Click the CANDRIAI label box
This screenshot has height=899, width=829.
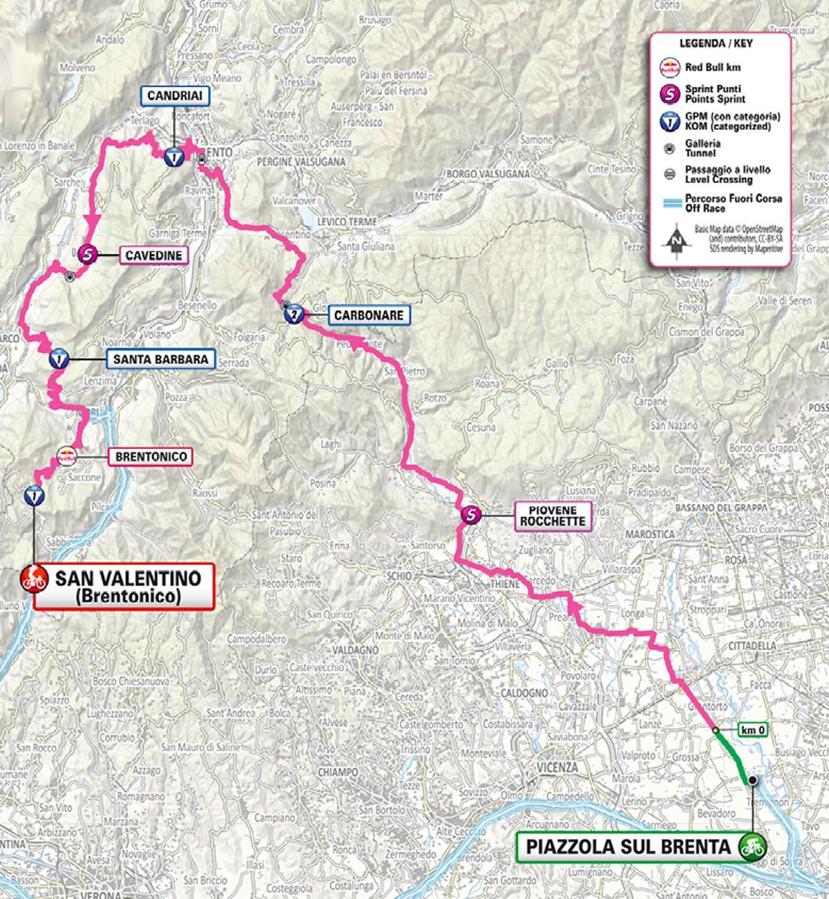[x=174, y=96]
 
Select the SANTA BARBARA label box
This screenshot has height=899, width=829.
[x=161, y=360]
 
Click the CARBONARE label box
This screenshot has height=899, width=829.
[x=368, y=316]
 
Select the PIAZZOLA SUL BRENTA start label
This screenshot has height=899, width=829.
[x=627, y=847]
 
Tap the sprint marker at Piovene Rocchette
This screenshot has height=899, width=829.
[x=470, y=514]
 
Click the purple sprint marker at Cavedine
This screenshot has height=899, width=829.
[x=86, y=255]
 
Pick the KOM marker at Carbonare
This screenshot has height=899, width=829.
[x=293, y=316]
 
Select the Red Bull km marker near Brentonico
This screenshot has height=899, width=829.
[x=67, y=456]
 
